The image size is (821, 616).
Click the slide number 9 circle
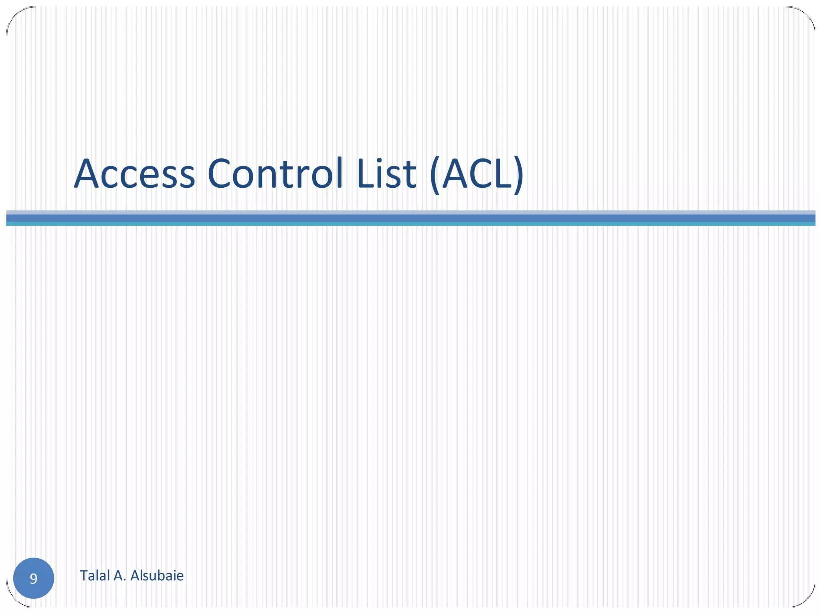[x=34, y=578]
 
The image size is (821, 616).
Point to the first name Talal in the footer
[x=95, y=576]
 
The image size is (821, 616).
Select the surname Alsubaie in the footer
[x=157, y=576]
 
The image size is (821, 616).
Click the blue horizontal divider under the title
[x=410, y=218]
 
